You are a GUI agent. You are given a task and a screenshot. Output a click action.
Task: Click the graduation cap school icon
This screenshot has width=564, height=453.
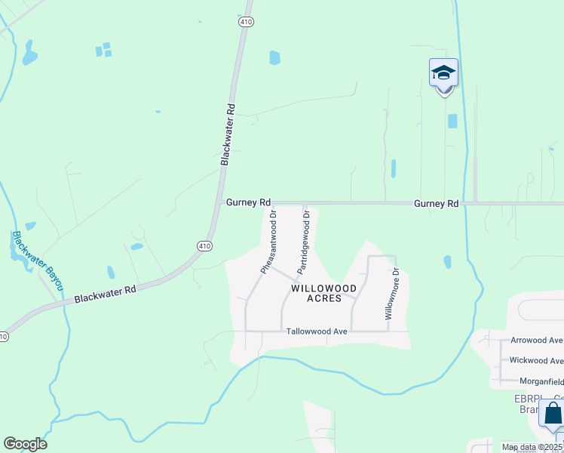tap(443, 74)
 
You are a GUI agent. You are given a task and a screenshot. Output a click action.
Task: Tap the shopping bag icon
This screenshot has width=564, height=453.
tap(553, 414)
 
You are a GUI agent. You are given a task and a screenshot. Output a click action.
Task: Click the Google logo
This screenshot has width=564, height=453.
tap(25, 444)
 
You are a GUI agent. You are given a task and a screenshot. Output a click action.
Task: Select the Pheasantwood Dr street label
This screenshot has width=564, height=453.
tap(268, 242)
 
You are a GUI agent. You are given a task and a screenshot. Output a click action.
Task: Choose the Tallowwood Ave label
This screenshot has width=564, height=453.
tap(316, 331)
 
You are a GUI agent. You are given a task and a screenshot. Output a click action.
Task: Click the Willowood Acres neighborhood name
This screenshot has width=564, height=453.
tap(324, 293)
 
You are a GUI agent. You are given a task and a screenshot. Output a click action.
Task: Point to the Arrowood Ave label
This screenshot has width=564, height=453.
tap(536, 341)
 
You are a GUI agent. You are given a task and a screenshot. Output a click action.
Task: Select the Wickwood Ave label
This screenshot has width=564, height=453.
tap(536, 360)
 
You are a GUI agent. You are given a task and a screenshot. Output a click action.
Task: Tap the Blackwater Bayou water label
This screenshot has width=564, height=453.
tap(35, 260)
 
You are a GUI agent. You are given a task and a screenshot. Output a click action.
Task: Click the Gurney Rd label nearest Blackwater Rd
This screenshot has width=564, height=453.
tap(248, 203)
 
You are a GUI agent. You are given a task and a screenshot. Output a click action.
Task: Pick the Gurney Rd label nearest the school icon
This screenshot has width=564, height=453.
tap(436, 204)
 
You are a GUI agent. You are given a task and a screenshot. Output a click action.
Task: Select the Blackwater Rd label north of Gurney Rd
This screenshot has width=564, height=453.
tap(228, 134)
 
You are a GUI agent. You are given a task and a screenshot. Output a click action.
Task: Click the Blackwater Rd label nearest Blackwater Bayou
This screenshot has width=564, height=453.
tap(105, 294)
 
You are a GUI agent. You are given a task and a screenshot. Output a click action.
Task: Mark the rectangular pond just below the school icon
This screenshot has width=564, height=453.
tap(452, 121)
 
